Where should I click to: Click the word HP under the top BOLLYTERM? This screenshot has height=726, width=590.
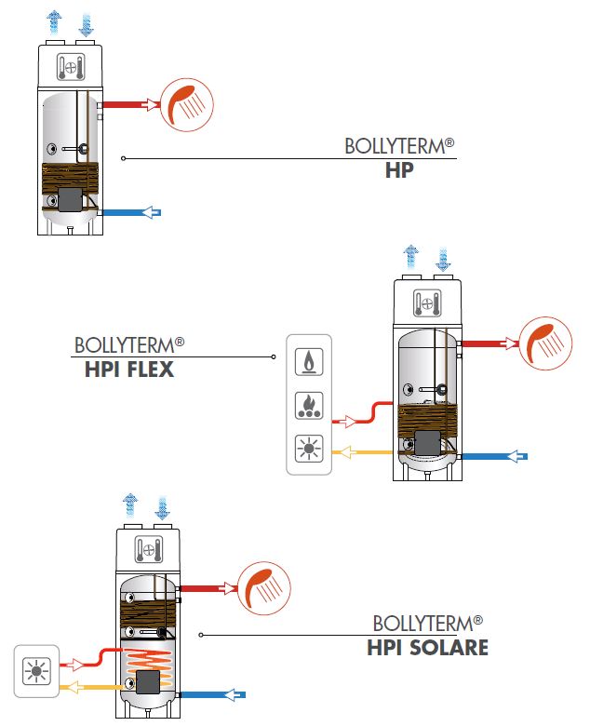pos(398,172)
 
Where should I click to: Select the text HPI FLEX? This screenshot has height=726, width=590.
pos(129,370)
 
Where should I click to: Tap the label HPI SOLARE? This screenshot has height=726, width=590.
pos(427,647)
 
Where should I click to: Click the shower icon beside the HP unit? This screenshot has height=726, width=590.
pos(187,102)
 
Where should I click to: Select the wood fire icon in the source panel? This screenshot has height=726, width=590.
pos(308,405)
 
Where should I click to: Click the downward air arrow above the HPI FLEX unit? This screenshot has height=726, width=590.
pos(443,256)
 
